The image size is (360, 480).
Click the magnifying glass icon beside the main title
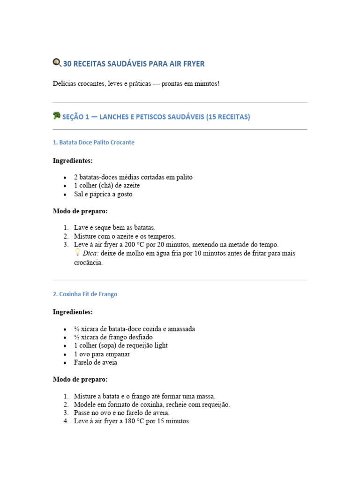(x=57, y=62)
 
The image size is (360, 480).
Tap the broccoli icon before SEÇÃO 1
(x=57, y=116)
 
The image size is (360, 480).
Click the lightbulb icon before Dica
(x=78, y=253)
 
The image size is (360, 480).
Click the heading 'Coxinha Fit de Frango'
(x=85, y=294)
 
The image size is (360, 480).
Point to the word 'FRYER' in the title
(x=194, y=64)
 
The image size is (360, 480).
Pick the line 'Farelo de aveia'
(x=95, y=362)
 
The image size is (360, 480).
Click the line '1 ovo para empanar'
(x=102, y=354)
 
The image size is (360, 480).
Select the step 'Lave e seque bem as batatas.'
(x=114, y=228)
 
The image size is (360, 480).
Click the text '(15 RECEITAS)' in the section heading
(x=228, y=117)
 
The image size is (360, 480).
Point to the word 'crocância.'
(x=88, y=262)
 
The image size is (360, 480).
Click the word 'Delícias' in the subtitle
(x=65, y=84)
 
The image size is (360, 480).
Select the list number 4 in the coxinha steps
(x=66, y=421)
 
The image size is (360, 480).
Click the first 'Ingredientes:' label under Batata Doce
(x=73, y=161)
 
